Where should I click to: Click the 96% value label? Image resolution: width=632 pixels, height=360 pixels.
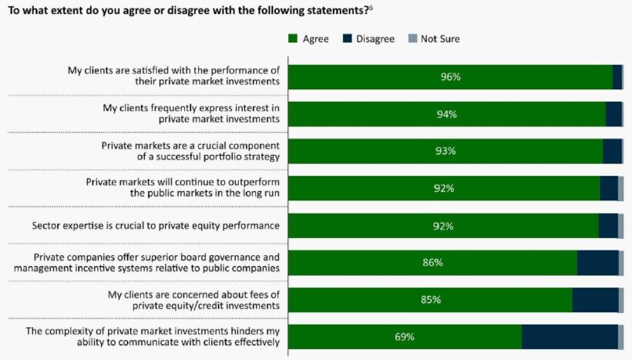[x=450, y=77]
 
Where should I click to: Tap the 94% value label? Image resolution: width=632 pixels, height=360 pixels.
[x=447, y=114]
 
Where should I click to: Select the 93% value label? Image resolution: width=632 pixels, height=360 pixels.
[x=445, y=151]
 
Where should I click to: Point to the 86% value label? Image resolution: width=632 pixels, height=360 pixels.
[x=432, y=263]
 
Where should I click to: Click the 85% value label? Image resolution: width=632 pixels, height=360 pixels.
[x=430, y=300]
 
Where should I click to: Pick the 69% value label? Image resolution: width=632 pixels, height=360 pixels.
[x=404, y=337]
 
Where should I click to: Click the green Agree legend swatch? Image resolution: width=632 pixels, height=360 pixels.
[x=293, y=39]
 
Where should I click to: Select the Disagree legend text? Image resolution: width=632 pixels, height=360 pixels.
[x=375, y=39]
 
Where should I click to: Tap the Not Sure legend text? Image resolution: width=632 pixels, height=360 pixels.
[x=440, y=39]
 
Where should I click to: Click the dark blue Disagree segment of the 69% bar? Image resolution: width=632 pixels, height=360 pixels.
[x=570, y=337]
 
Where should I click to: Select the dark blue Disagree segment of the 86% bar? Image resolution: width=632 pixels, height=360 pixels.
[x=597, y=263]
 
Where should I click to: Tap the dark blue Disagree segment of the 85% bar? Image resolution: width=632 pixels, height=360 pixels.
[x=595, y=300]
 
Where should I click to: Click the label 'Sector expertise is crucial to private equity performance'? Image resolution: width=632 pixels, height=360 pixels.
[x=156, y=226]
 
